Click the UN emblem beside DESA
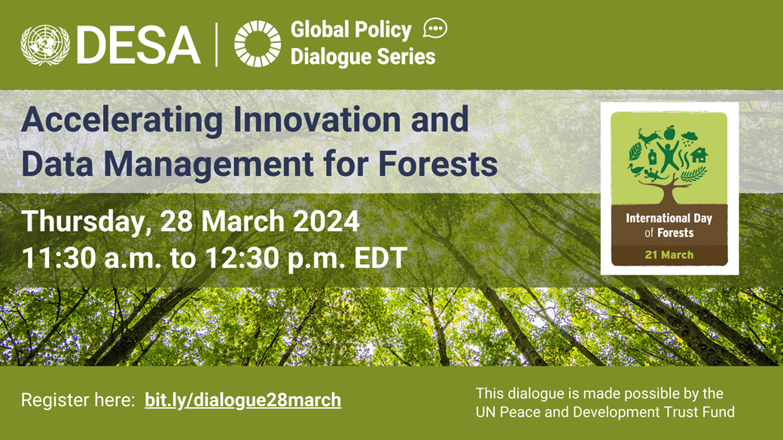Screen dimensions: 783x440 pos(45,45)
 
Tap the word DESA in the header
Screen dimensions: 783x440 pos(139,45)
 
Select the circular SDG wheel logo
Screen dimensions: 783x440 pos(257,44)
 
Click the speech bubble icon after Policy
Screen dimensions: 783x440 pos(435,29)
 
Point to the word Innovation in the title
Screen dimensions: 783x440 pos(317,120)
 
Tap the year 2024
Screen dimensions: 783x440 pos(326,220)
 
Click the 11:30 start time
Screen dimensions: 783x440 pos(59,258)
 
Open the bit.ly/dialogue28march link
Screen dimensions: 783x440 pos(243,400)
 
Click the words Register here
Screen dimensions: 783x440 pos(78,400)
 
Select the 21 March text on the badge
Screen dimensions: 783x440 pos(669,255)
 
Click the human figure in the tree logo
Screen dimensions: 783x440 pos(669,156)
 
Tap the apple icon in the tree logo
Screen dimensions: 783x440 pos(669,132)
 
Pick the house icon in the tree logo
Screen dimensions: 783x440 pos(699,155)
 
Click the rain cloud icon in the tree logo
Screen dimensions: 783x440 pos(690,137)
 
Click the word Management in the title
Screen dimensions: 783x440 pos(209,165)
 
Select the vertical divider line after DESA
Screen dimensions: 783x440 pos(217,44)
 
